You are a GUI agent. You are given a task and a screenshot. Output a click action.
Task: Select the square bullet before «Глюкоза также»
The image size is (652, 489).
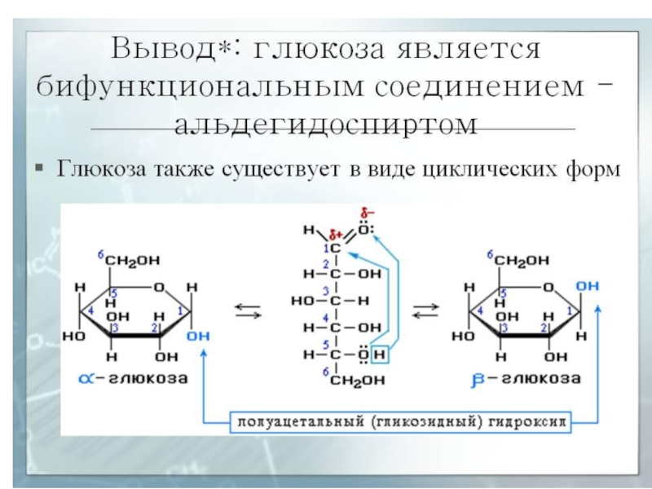pyautogui.click(x=38, y=170)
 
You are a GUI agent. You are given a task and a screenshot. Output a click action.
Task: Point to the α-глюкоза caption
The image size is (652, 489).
pyautogui.click(x=135, y=379)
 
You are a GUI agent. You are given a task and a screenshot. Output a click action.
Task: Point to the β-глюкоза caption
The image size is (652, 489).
pyautogui.click(x=525, y=379)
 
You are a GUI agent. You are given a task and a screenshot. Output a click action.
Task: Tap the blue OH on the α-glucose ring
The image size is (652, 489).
pyautogui.click(x=196, y=335)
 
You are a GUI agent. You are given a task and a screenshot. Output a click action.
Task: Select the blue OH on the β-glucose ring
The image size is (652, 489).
pyautogui.click(x=586, y=287)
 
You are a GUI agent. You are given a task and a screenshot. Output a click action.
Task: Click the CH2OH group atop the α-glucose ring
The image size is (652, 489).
pyautogui.click(x=134, y=260)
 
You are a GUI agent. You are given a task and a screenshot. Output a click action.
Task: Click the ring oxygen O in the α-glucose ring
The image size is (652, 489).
pyautogui.click(x=159, y=287)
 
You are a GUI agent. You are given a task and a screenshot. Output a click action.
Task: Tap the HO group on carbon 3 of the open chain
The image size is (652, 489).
pyautogui.click(x=302, y=300)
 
